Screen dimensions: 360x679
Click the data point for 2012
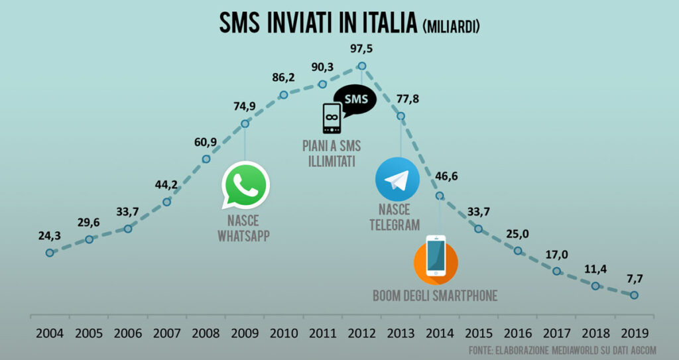361,66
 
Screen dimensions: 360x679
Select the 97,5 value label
362,48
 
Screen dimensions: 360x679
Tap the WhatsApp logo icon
246,184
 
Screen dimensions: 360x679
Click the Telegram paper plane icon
398,179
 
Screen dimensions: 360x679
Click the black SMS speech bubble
355,99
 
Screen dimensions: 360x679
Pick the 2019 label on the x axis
635,332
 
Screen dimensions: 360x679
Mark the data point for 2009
245,123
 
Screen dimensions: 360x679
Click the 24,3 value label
50,236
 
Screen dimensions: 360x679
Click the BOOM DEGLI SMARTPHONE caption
435,296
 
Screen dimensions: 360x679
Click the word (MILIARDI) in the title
451,27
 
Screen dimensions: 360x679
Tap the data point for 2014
440,196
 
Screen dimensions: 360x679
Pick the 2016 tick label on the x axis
517,332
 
